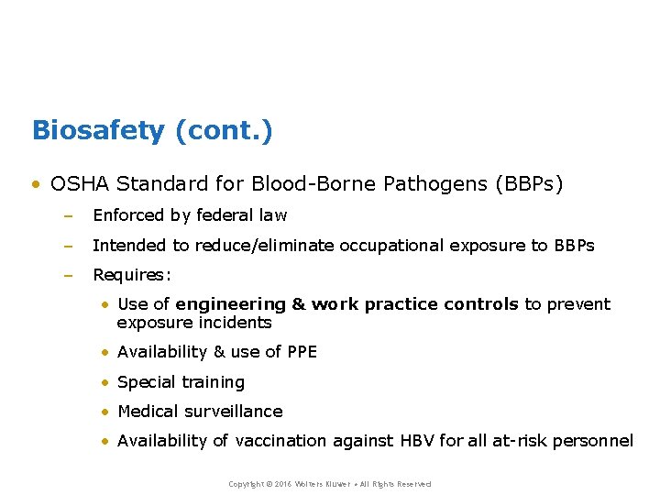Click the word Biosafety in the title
click(98, 130)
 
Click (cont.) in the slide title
click(223, 130)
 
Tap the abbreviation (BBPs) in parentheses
click(528, 184)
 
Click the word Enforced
click(129, 215)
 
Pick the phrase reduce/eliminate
click(265, 246)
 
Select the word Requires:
click(132, 275)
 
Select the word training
click(213, 382)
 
